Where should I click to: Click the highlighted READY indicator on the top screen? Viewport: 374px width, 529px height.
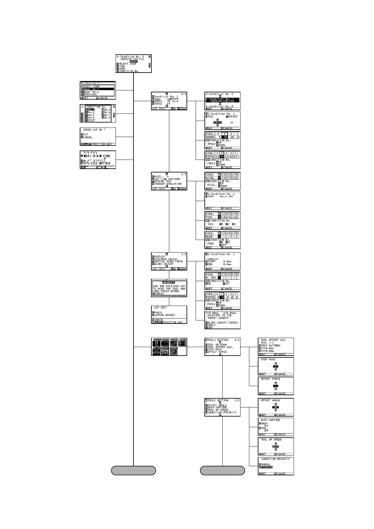click(133, 62)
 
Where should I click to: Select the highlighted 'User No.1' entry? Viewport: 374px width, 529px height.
click(93, 89)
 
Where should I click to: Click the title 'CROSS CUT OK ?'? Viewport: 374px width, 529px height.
click(94, 130)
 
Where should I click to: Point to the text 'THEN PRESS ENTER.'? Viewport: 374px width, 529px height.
click(166, 291)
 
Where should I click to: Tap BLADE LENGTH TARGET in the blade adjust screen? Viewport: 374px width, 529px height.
click(223, 323)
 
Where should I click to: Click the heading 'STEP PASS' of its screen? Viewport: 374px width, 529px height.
click(268, 359)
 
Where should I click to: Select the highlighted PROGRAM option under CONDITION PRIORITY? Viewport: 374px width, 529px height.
click(267, 467)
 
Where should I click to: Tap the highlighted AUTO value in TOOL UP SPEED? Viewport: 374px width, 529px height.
click(276, 446)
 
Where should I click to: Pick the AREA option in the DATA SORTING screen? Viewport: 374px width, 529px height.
click(264, 423)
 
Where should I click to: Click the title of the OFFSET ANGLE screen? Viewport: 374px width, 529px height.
click(270, 400)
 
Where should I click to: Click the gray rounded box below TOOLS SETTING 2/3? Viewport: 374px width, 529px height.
click(222, 471)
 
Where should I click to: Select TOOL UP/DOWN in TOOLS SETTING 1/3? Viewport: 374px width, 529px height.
click(217, 345)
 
